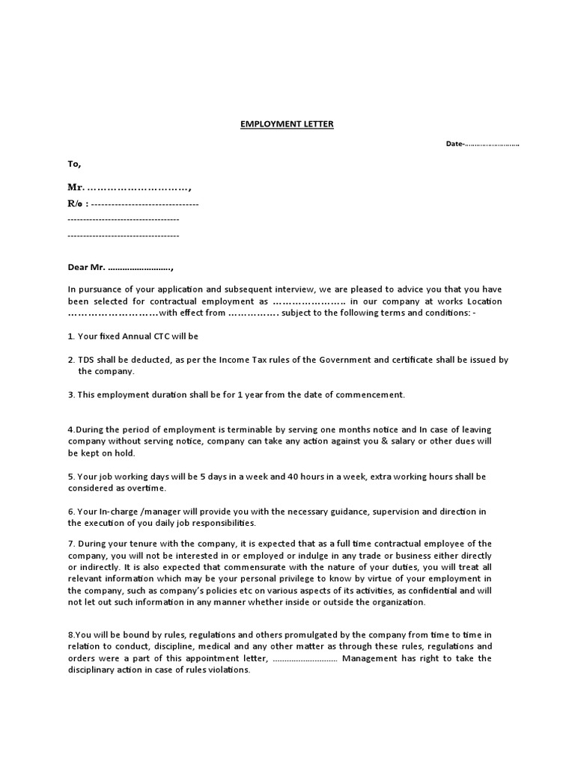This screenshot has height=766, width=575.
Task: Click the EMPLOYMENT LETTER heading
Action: coord(287,124)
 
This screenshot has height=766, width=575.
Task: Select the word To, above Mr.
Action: coord(74,163)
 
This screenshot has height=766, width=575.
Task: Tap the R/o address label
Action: coord(76,203)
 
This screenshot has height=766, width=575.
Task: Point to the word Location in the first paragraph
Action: coord(484,301)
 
